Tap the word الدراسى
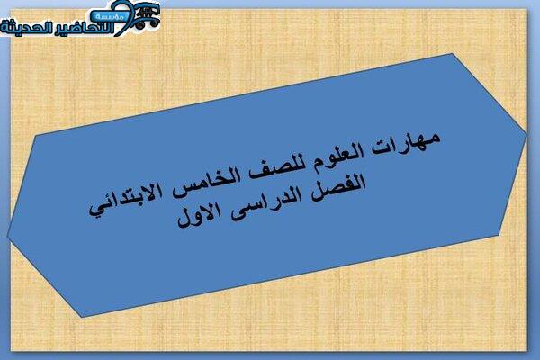265,202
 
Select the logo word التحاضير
86,28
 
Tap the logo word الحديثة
30,28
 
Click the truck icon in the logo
148,16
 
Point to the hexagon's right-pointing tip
527,134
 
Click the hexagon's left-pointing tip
7,237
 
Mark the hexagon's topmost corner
452,53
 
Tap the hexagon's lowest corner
82,318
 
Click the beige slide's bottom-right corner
526,351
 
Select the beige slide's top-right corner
526,10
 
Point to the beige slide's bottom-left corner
11,351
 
